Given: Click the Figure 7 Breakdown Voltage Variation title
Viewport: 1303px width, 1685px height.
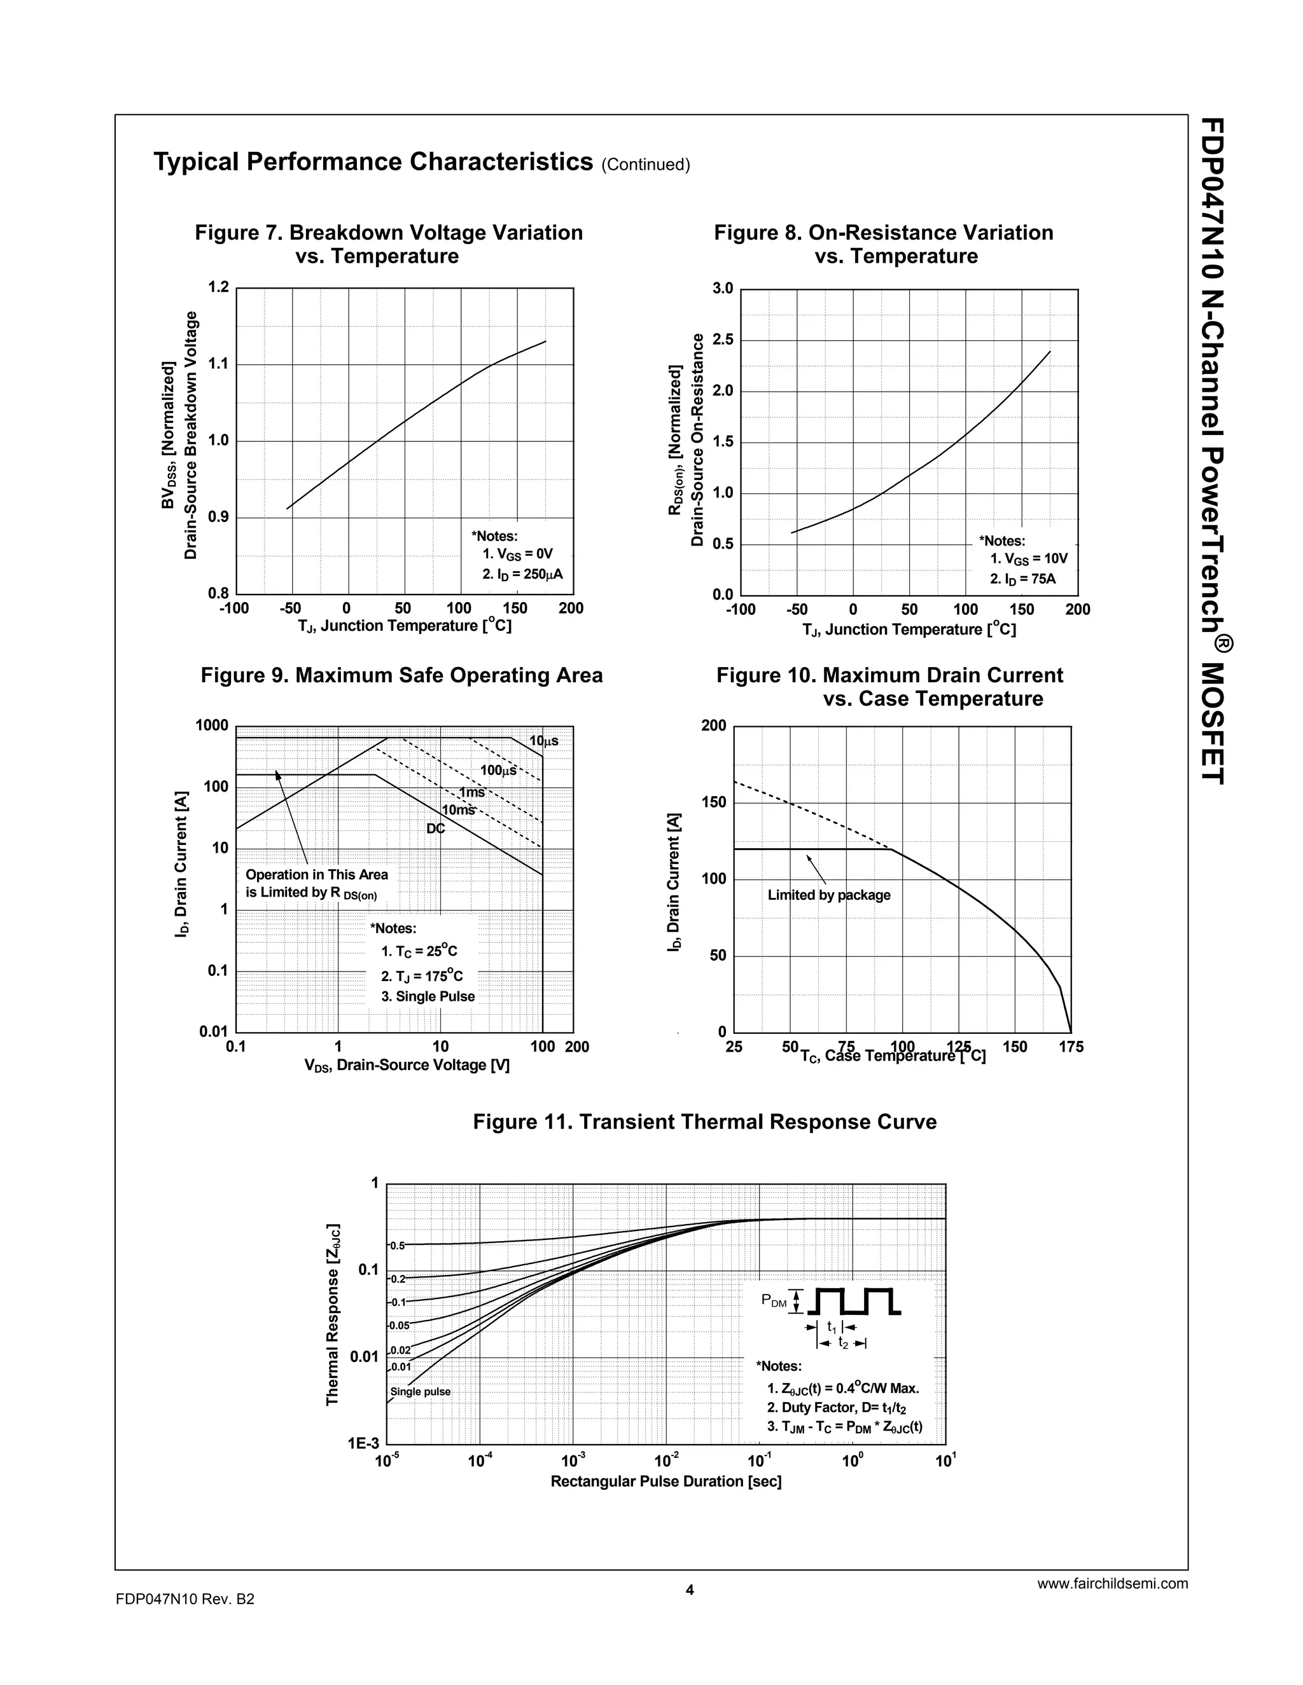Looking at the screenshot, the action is [389, 244].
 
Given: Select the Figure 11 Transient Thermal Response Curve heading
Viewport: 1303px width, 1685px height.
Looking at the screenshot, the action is [705, 1122].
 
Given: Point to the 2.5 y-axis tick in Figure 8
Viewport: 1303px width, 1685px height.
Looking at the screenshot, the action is [723, 340].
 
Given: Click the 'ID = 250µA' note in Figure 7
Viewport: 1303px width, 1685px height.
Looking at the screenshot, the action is [518, 574].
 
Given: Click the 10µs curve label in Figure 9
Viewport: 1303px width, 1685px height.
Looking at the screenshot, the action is [543, 741].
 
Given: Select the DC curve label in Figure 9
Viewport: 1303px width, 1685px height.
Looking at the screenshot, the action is [436, 829].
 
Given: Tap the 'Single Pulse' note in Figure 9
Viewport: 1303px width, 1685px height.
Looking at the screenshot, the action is [428, 996].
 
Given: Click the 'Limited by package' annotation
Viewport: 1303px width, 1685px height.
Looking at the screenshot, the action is [829, 895].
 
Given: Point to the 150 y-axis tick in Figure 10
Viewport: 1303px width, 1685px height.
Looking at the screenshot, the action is [714, 802].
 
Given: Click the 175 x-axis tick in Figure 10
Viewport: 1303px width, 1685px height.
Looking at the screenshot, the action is [1071, 1047].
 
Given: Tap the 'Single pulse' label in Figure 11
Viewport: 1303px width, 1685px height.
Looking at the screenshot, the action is [420, 1392].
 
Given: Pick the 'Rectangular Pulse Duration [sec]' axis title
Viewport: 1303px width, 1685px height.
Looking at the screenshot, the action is [666, 1482].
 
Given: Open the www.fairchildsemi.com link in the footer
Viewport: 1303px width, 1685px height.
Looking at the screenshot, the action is [1112, 1584].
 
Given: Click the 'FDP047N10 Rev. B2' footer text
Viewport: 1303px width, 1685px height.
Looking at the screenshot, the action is [185, 1599].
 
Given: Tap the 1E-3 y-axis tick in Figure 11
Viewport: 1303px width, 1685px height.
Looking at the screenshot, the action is [363, 1443].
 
